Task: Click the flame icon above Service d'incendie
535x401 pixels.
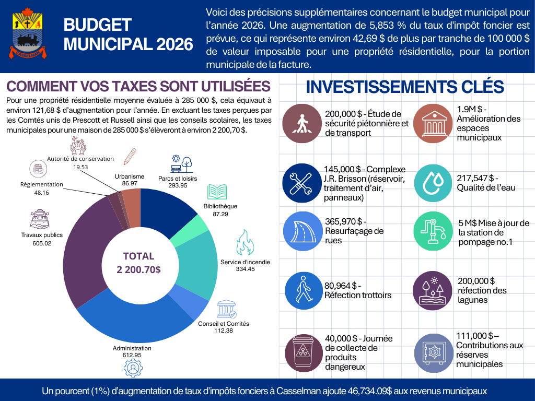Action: click(x=245, y=242)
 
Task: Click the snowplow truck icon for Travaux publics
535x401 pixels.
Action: click(x=40, y=219)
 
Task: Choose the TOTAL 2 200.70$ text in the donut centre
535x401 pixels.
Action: click(x=138, y=263)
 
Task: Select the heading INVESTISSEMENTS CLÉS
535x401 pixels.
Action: click(x=404, y=87)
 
